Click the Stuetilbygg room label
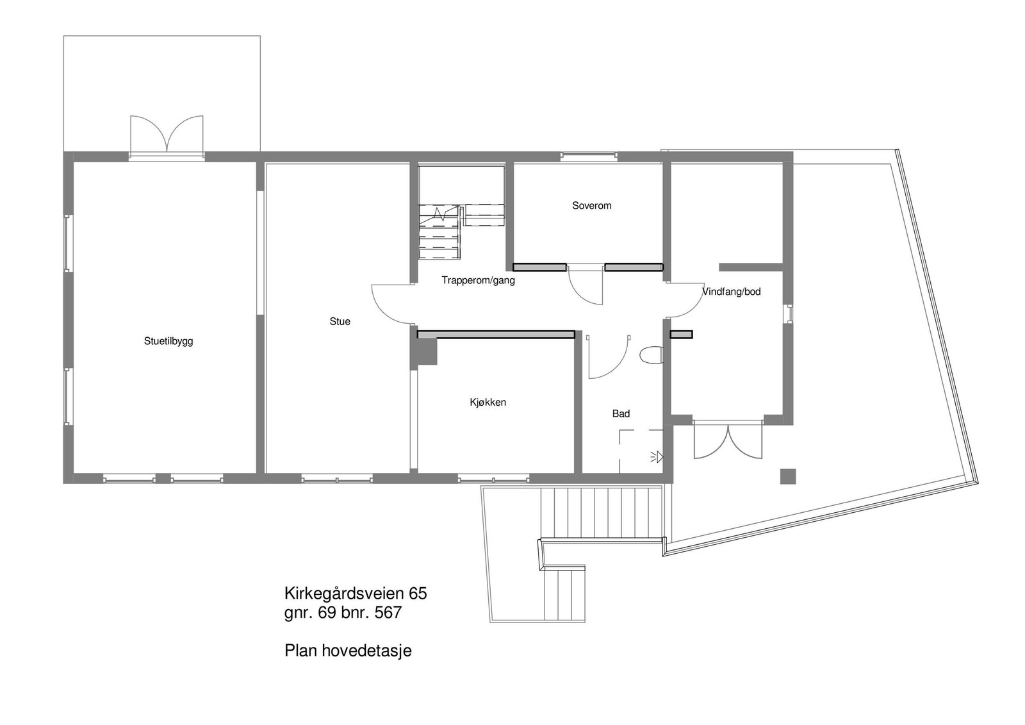pyautogui.click(x=168, y=341)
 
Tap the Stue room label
pyautogui.click(x=340, y=321)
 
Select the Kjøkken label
pyautogui.click(x=488, y=403)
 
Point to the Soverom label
pyautogui.click(x=591, y=206)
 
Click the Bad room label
pyautogui.click(x=621, y=414)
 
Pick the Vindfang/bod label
pyautogui.click(x=732, y=292)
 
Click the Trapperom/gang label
pyautogui.click(x=478, y=280)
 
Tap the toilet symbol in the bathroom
pyautogui.click(x=650, y=355)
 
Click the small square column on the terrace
pyautogui.click(x=787, y=476)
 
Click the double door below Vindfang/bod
pyautogui.click(x=728, y=441)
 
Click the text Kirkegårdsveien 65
pyautogui.click(x=356, y=593)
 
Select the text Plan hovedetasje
pyautogui.click(x=348, y=651)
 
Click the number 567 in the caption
pyautogui.click(x=388, y=613)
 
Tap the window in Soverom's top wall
pyautogui.click(x=589, y=155)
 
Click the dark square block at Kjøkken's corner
pyautogui.click(x=426, y=352)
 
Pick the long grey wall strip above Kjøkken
pyautogui.click(x=495, y=334)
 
